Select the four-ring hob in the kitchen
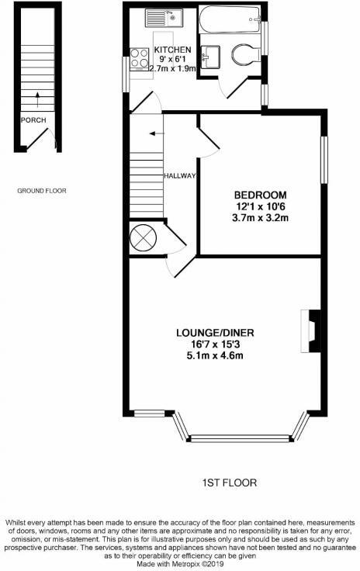pyautogui.click(x=140, y=58)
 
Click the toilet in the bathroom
pyautogui.click(x=245, y=56)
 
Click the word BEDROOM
pyautogui.click(x=261, y=195)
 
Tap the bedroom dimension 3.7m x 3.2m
pyautogui.click(x=261, y=218)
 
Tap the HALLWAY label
pyautogui.click(x=179, y=176)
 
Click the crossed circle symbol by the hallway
pyautogui.click(x=143, y=237)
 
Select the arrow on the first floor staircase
pyautogui.click(x=154, y=133)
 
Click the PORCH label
pyautogui.click(x=33, y=120)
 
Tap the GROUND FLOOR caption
pyautogui.click(x=42, y=190)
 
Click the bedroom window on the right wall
pyautogui.click(x=324, y=161)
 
